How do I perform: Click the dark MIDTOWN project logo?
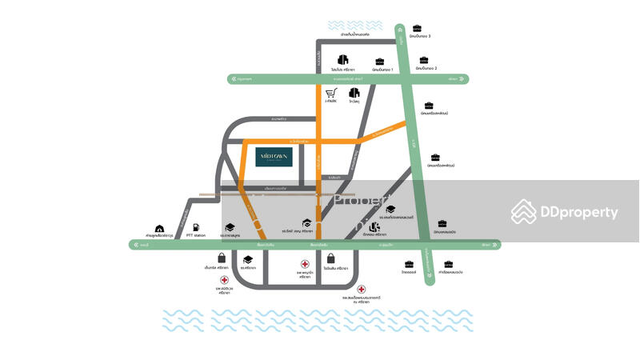tap(274, 157)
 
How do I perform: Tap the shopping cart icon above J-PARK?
tap(330, 93)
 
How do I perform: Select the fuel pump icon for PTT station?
tap(196, 227)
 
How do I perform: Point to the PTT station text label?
tap(196, 236)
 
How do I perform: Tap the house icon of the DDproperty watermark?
tap(524, 212)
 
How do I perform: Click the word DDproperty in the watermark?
tap(581, 213)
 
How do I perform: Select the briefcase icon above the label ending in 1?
tap(379, 62)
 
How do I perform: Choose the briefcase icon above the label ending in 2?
tap(423, 61)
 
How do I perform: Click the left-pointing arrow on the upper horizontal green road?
tap(234, 79)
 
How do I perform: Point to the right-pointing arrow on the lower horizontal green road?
tap(495, 245)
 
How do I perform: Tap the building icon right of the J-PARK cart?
tap(354, 93)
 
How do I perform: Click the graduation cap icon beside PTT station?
tap(230, 227)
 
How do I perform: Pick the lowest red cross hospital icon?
tap(362, 290)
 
